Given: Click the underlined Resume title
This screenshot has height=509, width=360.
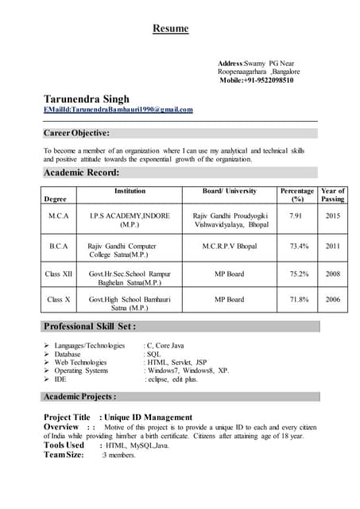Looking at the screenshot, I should [x=171, y=29].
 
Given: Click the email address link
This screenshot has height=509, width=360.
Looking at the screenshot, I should [x=118, y=110].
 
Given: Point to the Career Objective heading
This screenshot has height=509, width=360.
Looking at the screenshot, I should [x=76, y=133].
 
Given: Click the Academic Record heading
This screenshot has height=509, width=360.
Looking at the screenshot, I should [x=82, y=172].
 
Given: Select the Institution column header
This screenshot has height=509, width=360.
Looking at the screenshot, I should [x=130, y=191].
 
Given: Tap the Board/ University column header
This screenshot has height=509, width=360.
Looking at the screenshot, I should [x=230, y=191].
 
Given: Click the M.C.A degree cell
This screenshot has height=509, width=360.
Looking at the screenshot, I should [x=59, y=216].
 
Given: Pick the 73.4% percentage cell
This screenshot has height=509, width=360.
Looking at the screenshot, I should [x=299, y=247].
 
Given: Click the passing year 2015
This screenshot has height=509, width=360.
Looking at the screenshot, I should [x=332, y=216].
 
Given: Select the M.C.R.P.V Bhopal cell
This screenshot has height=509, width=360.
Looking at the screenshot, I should [x=230, y=247].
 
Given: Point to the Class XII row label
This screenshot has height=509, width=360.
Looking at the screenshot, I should [x=59, y=274].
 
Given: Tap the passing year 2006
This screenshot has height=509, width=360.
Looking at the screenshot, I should [x=332, y=299].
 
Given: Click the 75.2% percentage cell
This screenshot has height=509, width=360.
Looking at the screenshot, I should [x=299, y=274].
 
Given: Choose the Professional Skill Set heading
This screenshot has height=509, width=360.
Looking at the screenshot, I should [x=90, y=326].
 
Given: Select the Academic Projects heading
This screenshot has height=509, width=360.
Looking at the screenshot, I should [x=80, y=396].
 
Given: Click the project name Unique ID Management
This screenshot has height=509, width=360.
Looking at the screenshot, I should [x=148, y=417].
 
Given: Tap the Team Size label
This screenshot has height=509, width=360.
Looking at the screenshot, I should [x=64, y=455].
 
